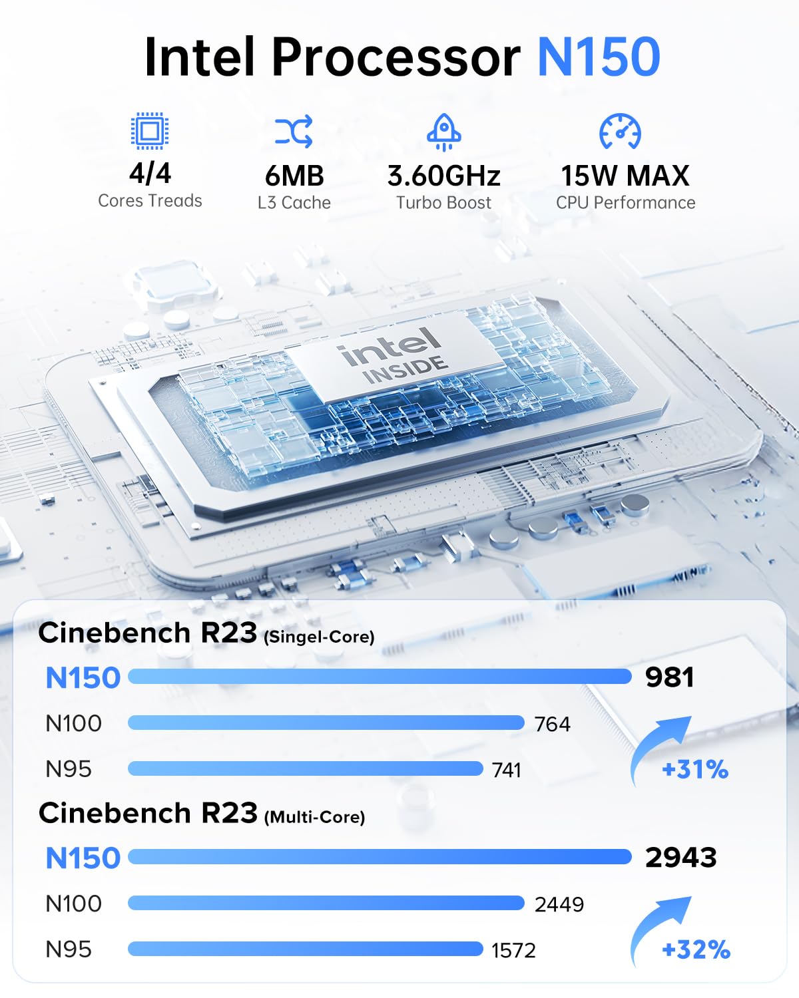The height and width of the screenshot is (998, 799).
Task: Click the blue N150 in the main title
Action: [598, 57]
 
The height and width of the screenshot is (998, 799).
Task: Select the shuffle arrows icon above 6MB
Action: [294, 131]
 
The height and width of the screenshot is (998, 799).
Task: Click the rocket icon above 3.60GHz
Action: [443, 132]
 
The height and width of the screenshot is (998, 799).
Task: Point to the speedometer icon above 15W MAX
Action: [620, 131]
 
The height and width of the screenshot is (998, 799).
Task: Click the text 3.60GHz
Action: [443, 176]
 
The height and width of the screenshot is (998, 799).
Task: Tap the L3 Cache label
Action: [294, 203]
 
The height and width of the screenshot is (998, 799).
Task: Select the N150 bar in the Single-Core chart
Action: [380, 677]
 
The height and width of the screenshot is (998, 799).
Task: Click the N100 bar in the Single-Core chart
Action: [326, 723]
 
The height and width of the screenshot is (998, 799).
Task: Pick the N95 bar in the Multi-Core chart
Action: [305, 949]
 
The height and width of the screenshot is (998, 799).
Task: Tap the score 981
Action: [669, 677]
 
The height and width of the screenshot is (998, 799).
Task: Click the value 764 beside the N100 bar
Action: [552, 724]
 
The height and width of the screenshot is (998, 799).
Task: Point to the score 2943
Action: [680, 857]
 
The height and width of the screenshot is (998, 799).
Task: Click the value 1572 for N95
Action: [513, 950]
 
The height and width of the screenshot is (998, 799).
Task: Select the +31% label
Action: [694, 770]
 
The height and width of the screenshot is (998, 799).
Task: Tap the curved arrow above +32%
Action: [659, 928]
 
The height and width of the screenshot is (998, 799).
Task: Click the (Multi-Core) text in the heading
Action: [314, 817]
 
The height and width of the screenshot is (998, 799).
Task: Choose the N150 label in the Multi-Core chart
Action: [83, 858]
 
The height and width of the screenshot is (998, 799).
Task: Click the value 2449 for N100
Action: [559, 904]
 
